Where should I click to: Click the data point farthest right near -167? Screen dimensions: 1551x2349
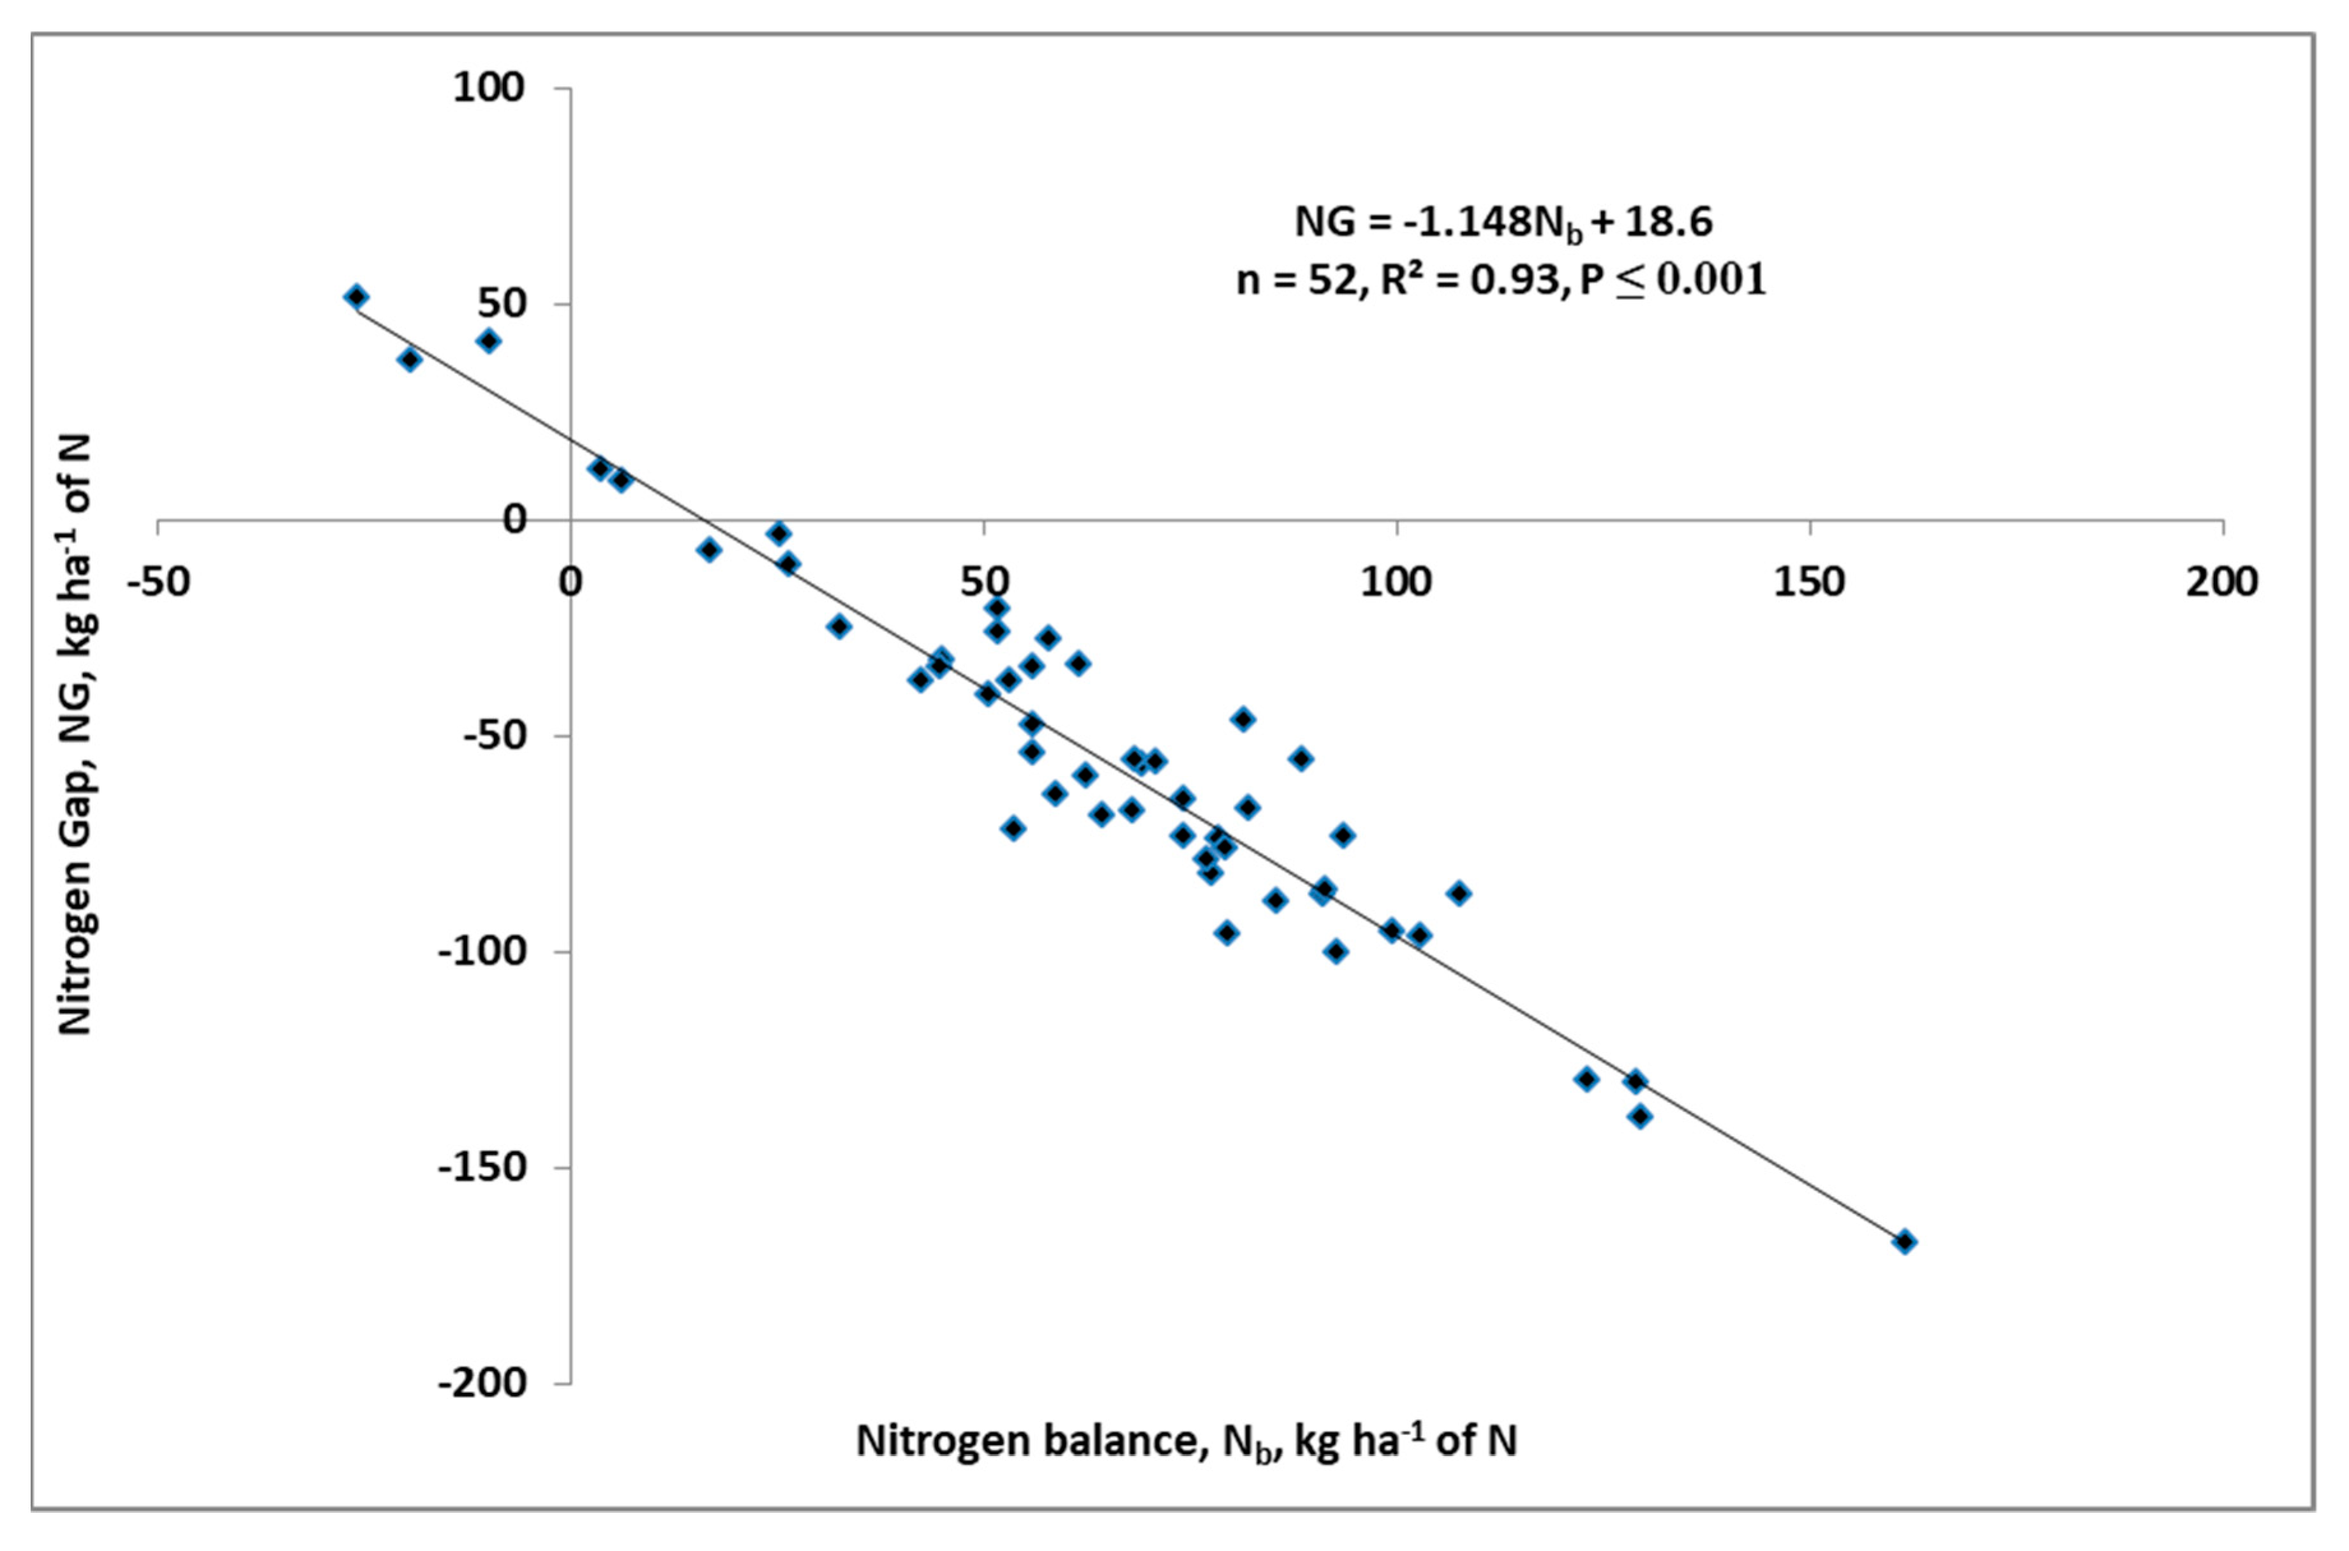pyautogui.click(x=1904, y=1241)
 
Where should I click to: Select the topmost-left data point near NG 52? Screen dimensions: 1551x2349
pyautogui.click(x=357, y=297)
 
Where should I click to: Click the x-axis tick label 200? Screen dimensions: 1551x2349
pyautogui.click(x=2221, y=581)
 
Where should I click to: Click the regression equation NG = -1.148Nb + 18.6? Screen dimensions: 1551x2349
pyautogui.click(x=1503, y=223)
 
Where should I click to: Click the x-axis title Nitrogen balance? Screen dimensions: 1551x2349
pyautogui.click(x=1185, y=1443)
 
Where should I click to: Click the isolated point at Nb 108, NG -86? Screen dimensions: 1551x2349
pyautogui.click(x=1459, y=893)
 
